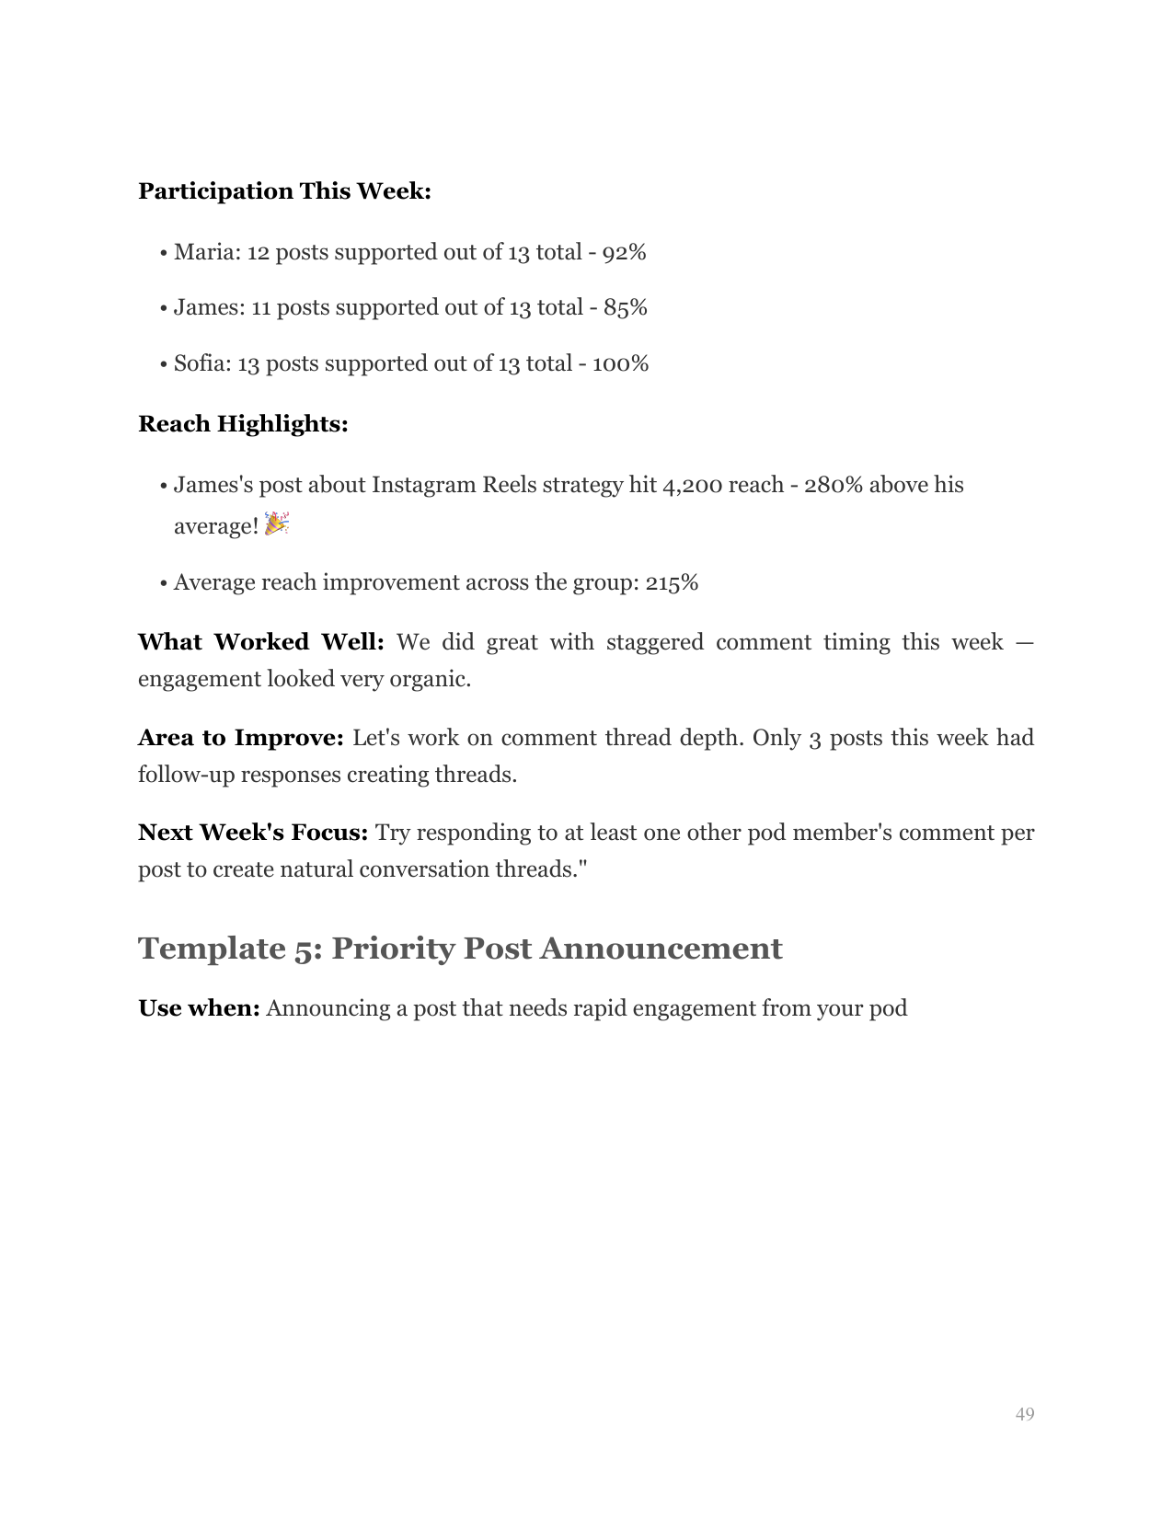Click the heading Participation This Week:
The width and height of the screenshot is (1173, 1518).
[284, 191]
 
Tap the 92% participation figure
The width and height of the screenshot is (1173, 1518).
[624, 252]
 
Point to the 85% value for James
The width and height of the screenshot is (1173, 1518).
[626, 307]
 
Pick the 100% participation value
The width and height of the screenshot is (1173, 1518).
[620, 363]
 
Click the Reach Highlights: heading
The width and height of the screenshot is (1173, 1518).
[243, 424]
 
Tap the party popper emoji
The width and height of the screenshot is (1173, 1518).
[276, 524]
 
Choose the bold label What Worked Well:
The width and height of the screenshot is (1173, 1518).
[260, 642]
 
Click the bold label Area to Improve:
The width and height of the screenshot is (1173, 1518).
[240, 738]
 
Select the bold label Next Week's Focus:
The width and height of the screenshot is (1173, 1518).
[253, 833]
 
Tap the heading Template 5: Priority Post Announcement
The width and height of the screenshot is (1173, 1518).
[460, 949]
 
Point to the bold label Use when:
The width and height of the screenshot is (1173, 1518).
[199, 1008]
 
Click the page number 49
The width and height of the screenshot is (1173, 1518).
[1025, 1414]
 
